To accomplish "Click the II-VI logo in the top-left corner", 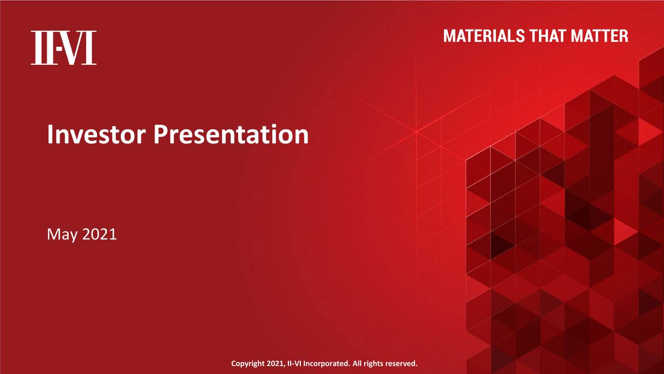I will pyautogui.click(x=63, y=48).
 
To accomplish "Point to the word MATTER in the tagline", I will pyautogui.click(x=600, y=36).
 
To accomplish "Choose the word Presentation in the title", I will pyautogui.click(x=231, y=135).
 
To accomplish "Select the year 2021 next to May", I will pyautogui.click(x=99, y=234).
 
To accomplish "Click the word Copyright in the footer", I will pyautogui.click(x=248, y=364).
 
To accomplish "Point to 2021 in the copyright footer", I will pyautogui.click(x=275, y=364).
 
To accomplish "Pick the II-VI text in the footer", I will pyautogui.click(x=294, y=364).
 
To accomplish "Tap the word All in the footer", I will pyautogui.click(x=357, y=364).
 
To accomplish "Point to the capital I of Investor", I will pyautogui.click(x=50, y=135).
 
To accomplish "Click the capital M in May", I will pyautogui.click(x=53, y=234).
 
